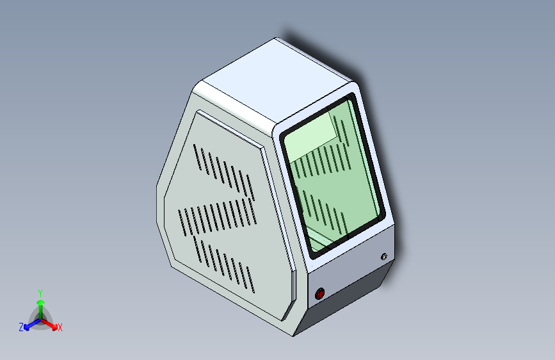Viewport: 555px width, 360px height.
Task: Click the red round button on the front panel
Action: coord(319,293)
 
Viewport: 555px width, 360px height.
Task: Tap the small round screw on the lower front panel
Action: coord(384,256)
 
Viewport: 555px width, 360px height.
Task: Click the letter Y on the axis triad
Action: coord(40,293)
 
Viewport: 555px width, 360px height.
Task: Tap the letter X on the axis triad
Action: coord(60,327)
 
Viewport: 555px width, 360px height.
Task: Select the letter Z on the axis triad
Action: coord(21,327)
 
